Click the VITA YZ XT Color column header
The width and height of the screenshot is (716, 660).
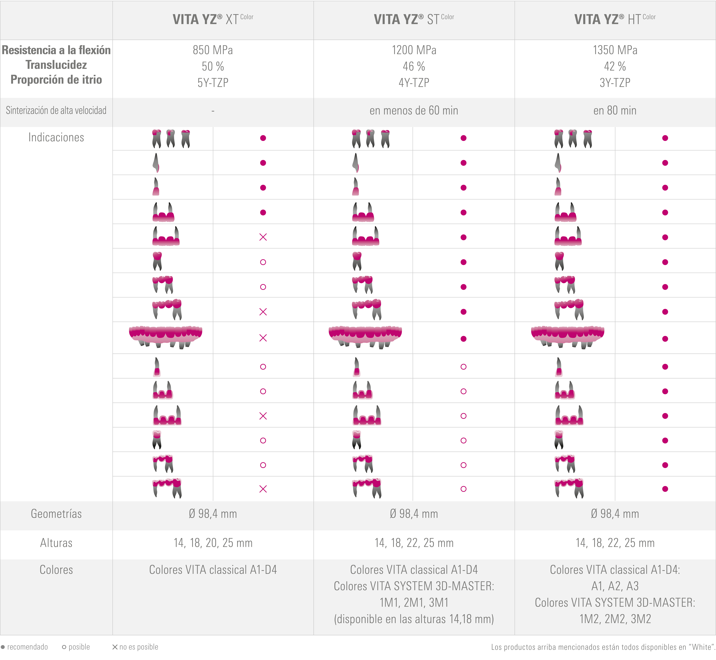[213, 19]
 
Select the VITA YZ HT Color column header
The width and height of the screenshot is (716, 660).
[615, 19]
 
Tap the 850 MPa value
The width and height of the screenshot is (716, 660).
[213, 50]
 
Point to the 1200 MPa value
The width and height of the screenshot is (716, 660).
[414, 50]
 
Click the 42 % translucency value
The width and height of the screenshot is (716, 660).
[615, 66]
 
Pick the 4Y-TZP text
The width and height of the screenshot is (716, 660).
[414, 83]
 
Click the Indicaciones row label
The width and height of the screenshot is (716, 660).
[56, 138]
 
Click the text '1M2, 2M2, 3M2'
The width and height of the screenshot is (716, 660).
[615, 619]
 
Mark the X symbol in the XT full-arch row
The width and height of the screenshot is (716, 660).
[263, 338]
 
